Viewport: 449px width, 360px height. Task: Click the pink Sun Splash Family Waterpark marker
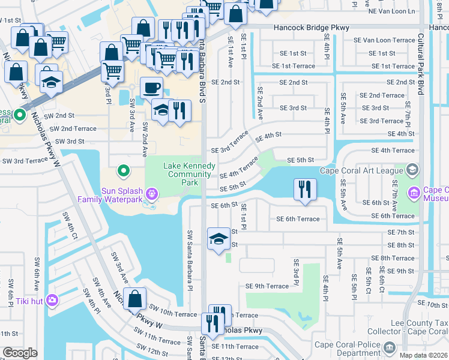click(152, 194)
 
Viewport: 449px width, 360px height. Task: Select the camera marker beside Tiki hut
click(52, 299)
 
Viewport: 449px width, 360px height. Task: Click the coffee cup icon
click(151, 88)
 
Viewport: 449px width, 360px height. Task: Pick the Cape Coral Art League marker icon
click(412, 170)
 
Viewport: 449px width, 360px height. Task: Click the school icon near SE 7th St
click(217, 239)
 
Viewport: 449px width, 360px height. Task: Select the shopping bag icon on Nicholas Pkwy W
click(136, 298)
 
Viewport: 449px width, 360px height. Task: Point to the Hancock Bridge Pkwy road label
click(311, 28)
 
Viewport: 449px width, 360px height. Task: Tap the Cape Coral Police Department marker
click(390, 347)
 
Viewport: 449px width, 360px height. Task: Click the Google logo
click(20, 353)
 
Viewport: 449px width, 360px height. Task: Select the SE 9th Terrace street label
click(267, 286)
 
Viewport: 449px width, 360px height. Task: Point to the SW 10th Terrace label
click(174, 314)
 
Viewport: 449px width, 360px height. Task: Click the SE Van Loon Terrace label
click(384, 40)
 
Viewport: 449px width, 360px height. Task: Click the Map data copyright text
click(423, 355)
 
